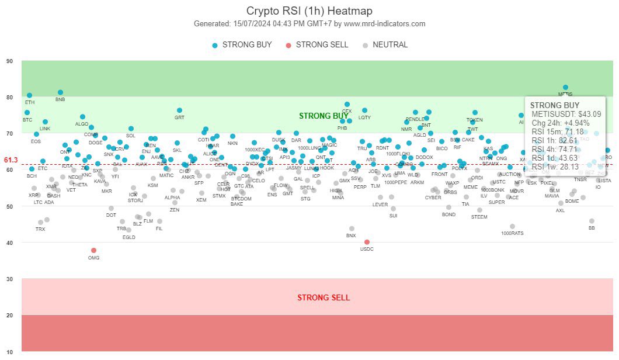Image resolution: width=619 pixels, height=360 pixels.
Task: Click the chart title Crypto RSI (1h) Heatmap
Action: (309, 11)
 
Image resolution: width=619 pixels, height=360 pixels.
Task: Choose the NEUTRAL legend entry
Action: (385, 45)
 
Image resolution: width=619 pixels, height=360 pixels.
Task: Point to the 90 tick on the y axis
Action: (10, 61)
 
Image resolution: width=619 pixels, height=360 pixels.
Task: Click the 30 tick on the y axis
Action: (10, 279)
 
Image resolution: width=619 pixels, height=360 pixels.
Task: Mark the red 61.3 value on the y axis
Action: (11, 160)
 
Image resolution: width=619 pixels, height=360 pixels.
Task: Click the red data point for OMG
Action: (93, 250)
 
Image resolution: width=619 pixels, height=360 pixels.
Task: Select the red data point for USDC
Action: (367, 242)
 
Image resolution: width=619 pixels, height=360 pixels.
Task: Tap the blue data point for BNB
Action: (60, 92)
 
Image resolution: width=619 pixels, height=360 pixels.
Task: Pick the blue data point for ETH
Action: (29, 95)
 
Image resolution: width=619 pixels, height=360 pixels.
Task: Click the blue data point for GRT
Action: (179, 110)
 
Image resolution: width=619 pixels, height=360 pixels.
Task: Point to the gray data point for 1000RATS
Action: (512, 226)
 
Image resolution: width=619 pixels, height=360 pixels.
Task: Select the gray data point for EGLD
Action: (128, 230)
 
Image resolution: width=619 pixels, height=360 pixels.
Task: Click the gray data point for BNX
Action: (352, 229)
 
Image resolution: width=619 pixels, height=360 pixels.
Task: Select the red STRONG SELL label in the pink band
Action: (324, 297)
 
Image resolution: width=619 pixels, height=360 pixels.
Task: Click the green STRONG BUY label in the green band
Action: (324, 116)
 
